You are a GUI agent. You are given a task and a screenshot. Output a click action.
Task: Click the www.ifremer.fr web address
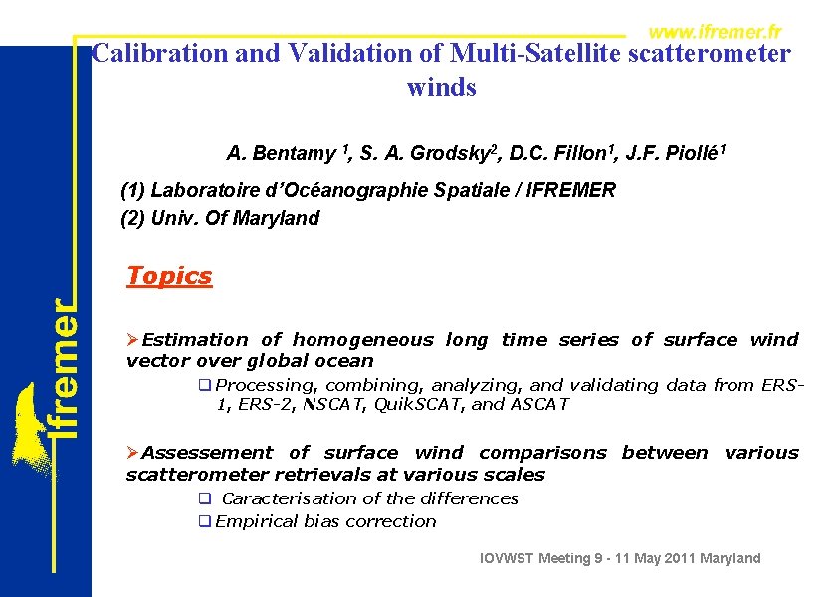pos(714,32)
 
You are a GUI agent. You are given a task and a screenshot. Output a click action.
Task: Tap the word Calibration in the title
pos(159,53)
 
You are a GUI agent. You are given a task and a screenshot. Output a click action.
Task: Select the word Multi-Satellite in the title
pos(535,53)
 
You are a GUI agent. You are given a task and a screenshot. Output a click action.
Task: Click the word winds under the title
pos(442,88)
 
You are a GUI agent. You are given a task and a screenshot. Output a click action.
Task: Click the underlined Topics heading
pos(169,276)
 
